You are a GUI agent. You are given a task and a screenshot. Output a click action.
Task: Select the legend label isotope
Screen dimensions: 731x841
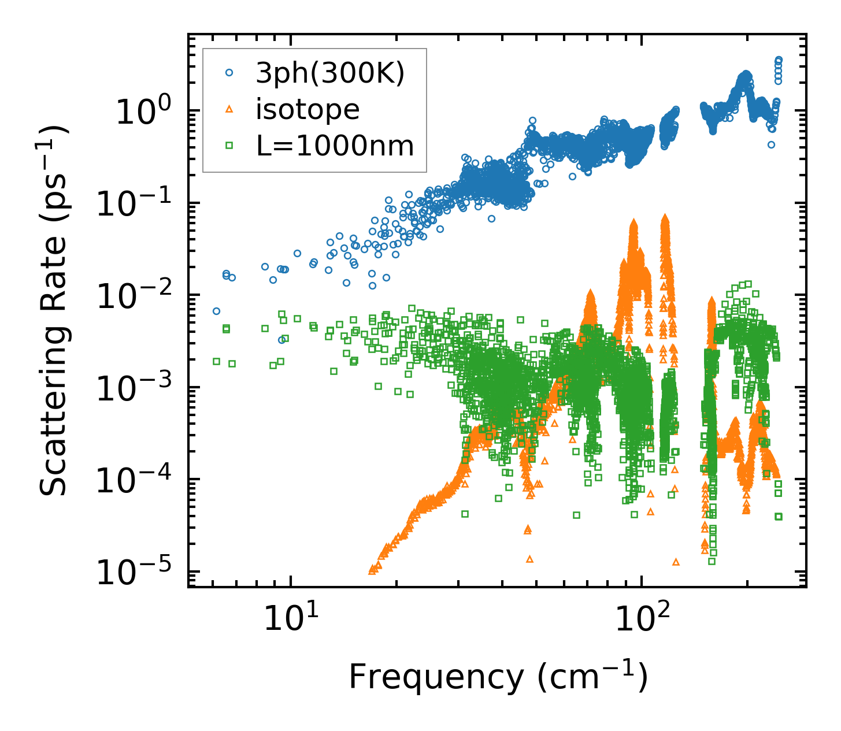pyautogui.click(x=307, y=110)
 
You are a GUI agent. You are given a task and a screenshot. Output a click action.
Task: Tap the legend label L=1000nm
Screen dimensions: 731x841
pyautogui.click(x=335, y=146)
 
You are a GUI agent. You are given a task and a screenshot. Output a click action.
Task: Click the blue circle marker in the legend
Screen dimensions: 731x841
pyautogui.click(x=229, y=73)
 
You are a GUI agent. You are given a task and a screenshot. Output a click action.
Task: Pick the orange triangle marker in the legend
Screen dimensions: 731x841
pyautogui.click(x=229, y=110)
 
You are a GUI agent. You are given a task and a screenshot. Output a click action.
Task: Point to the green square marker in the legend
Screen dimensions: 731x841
pyautogui.click(x=229, y=146)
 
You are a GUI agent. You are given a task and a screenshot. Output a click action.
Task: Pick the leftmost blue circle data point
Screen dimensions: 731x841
pyautogui.click(x=216, y=311)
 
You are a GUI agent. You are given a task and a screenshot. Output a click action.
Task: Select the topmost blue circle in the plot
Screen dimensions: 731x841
pyautogui.click(x=779, y=60)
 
